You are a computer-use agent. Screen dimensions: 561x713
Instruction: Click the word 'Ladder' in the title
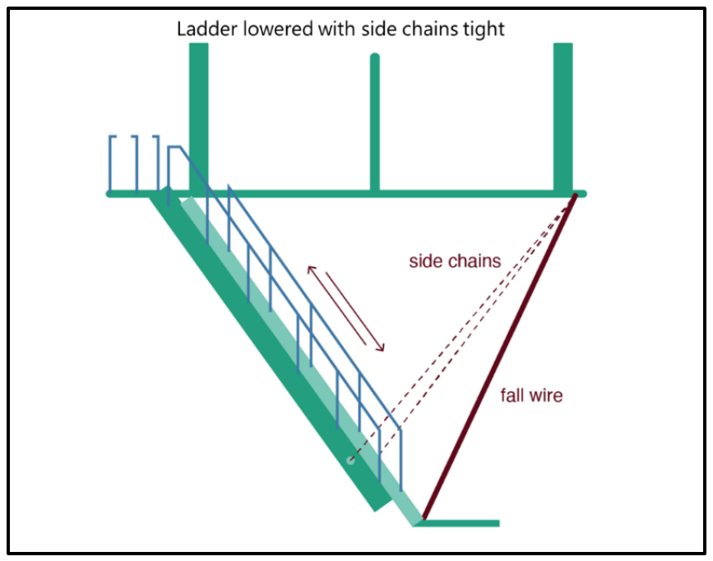[201, 29]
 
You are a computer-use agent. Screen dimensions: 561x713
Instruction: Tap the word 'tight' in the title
[484, 29]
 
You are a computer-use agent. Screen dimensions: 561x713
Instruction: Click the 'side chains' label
[454, 262]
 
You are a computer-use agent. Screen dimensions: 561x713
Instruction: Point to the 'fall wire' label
[531, 396]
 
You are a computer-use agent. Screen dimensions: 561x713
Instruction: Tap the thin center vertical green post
[374, 123]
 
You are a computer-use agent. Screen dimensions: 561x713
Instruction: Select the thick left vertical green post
[198, 115]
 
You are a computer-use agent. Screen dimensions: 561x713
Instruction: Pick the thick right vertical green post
[563, 115]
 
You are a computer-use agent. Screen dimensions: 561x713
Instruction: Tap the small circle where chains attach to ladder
[351, 461]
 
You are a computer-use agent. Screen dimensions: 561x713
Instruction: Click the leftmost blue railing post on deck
[111, 163]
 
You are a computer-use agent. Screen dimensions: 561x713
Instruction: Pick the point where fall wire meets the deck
[573, 195]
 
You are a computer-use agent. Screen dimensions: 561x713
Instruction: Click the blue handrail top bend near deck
[175, 147]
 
